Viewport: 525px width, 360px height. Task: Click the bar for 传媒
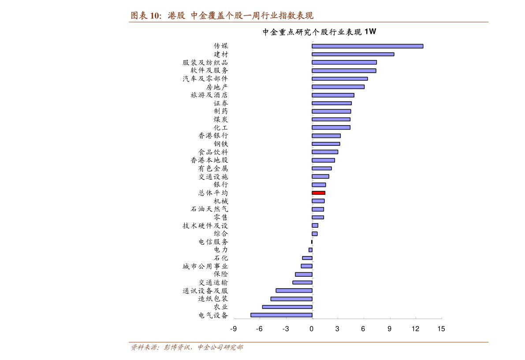click(367, 46)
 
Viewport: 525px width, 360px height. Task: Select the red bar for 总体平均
click(318, 193)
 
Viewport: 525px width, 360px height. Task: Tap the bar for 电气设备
click(281, 315)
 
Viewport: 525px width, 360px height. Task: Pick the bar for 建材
click(353, 54)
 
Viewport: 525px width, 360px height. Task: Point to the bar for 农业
click(287, 307)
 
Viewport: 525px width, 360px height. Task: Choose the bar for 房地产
click(338, 87)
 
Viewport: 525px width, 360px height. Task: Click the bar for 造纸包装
click(291, 299)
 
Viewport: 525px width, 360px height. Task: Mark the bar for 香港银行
click(326, 136)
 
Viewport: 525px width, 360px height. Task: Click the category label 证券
click(221, 103)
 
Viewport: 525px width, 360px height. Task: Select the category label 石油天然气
click(209, 209)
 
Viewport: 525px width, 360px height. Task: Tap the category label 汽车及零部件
click(205, 78)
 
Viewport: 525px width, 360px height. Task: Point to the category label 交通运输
click(213, 282)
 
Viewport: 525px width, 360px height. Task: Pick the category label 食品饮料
click(213, 152)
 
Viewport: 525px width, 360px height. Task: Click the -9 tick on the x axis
click(234, 329)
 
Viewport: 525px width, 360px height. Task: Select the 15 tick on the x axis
click(441, 329)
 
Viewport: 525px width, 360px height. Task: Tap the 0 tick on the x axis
click(312, 329)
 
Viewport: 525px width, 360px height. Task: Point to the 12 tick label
click(415, 329)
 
